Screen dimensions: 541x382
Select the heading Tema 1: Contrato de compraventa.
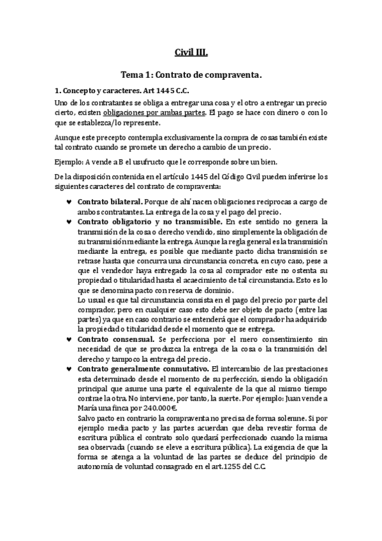point(191,75)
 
